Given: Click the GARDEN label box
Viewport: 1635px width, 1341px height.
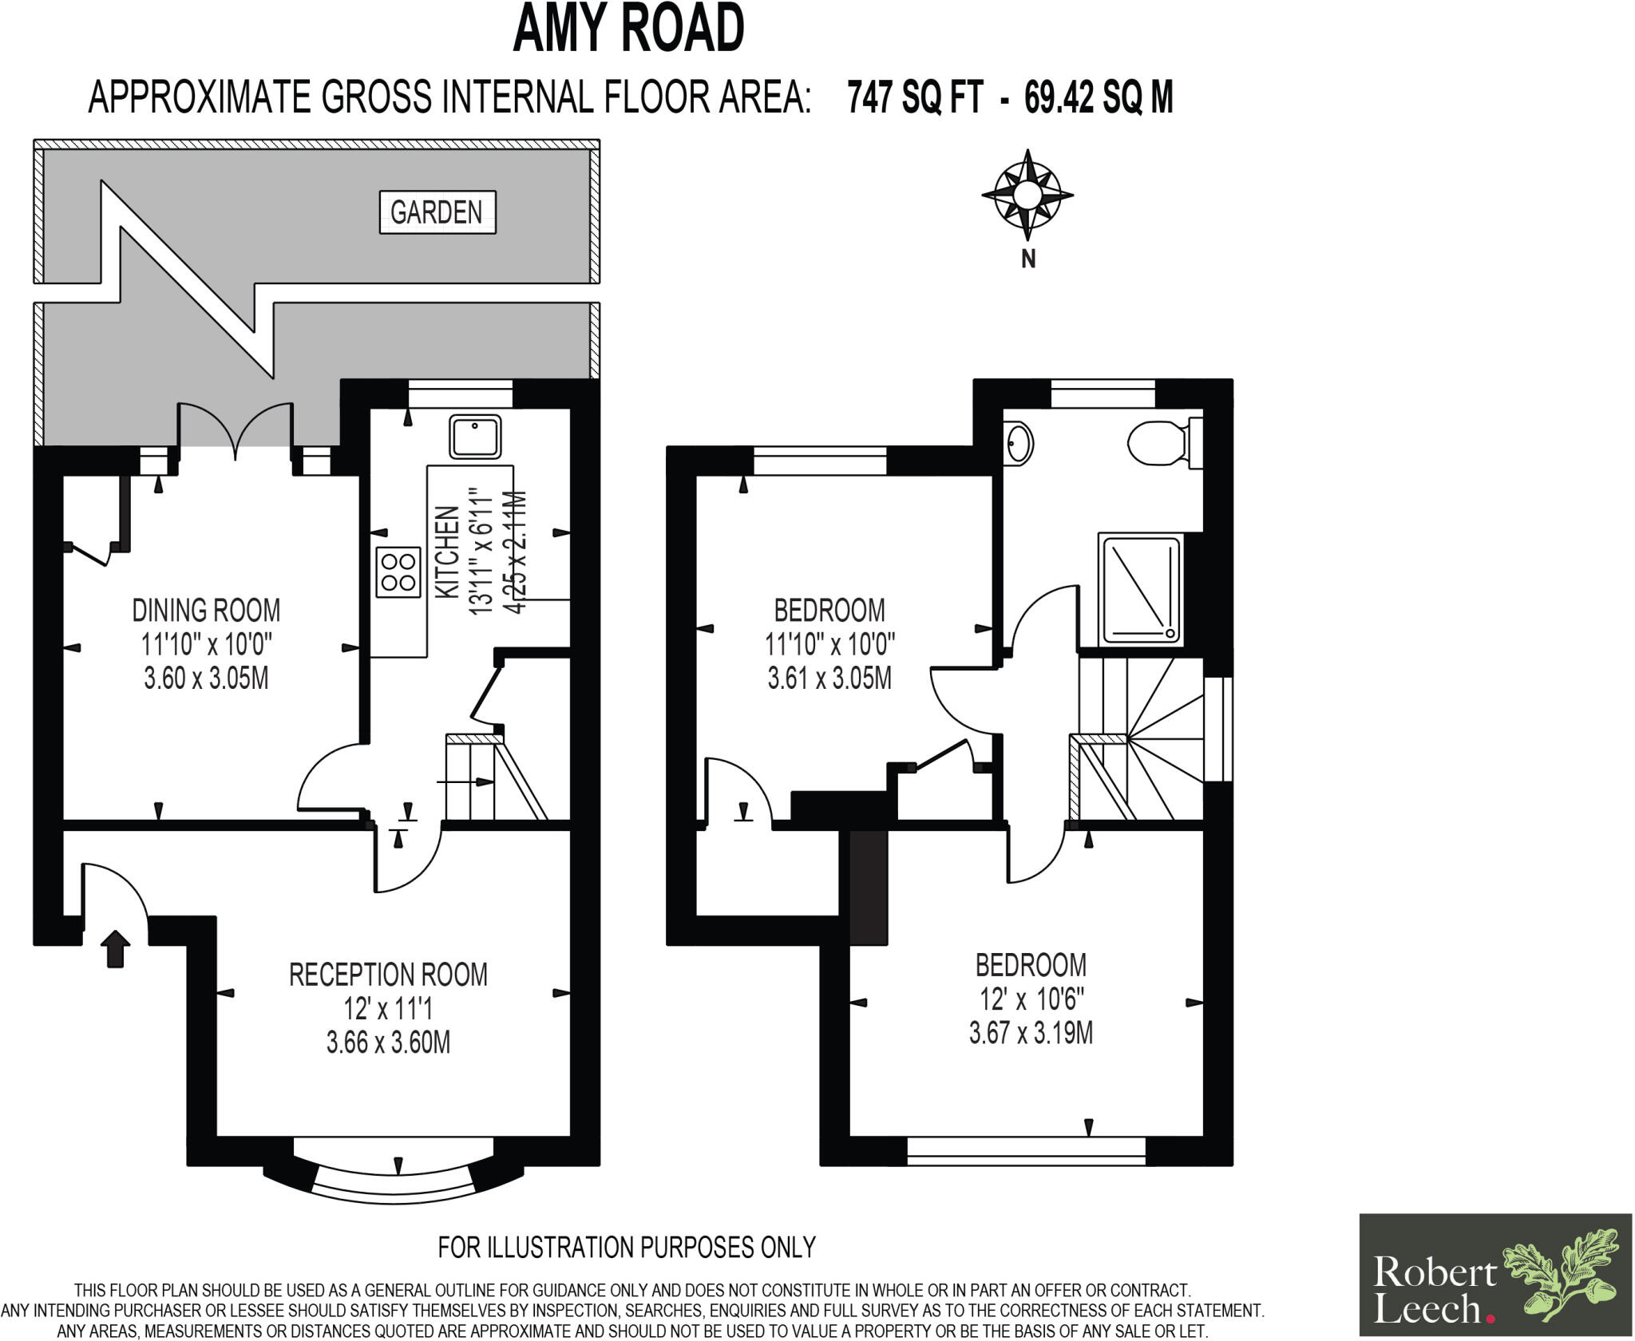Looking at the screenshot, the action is click(x=437, y=212).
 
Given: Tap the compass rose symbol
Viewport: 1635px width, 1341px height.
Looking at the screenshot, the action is click(x=1027, y=195).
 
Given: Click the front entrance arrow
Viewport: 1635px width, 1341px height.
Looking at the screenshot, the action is click(x=117, y=949).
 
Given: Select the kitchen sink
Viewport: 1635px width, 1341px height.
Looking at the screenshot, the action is click(x=475, y=437).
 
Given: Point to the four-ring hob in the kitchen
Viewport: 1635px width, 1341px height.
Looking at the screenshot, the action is click(x=398, y=572).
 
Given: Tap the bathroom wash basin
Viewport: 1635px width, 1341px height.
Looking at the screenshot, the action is click(x=1019, y=442).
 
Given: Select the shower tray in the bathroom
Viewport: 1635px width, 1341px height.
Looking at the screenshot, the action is click(x=1140, y=590).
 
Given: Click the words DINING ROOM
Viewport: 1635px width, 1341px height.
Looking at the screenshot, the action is click(x=206, y=611).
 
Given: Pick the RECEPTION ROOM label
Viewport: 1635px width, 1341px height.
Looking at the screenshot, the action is click(x=388, y=975).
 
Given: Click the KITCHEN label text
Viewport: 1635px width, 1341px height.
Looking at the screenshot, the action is click(x=447, y=552).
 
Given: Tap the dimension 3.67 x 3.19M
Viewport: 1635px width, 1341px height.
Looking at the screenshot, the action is click(x=1031, y=1034).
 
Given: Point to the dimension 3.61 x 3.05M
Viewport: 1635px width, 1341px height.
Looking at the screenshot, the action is click(x=829, y=678).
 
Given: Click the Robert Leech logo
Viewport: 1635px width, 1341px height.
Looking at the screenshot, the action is click(x=1495, y=1275).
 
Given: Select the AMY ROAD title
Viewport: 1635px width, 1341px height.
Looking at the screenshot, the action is click(x=628, y=29).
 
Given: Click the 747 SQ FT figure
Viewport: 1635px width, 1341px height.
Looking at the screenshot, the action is click(x=914, y=98).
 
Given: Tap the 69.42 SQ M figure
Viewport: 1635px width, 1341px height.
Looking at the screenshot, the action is click(x=1099, y=98).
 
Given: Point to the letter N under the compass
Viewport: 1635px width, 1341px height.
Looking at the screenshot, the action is click(x=1028, y=259).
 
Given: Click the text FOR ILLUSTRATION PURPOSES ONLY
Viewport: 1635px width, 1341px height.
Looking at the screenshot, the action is click(x=627, y=1247).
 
